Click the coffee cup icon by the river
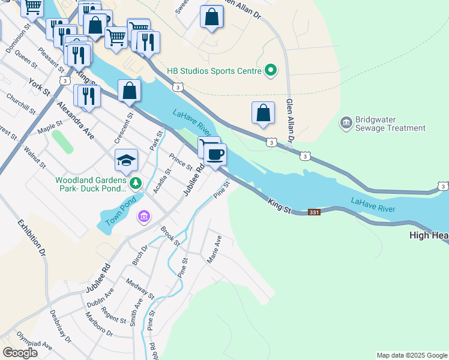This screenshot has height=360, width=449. click(215, 155)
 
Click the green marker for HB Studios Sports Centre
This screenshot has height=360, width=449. click(271, 71)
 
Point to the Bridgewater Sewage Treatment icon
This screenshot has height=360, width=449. click(346, 124)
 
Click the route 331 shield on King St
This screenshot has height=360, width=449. click(314, 212)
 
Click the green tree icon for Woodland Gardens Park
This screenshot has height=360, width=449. click(136, 181)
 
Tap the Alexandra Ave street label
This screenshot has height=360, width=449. click(76, 120)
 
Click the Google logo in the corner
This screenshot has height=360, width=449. click(20, 352)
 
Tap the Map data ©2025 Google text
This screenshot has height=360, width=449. click(412, 355)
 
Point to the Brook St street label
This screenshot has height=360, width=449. click(170, 236)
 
